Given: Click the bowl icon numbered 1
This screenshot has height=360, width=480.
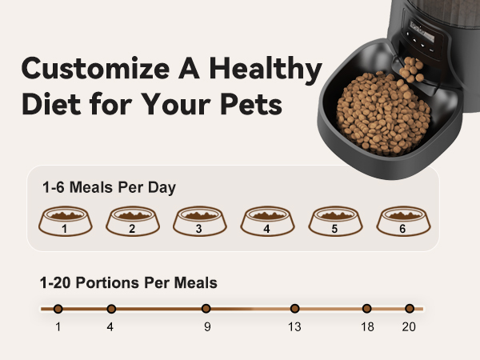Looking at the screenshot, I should (64, 222).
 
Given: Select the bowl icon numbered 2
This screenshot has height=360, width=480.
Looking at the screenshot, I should (132, 222).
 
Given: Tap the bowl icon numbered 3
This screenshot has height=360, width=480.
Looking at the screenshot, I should (199, 222).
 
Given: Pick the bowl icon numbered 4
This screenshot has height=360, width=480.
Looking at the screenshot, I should (267, 222).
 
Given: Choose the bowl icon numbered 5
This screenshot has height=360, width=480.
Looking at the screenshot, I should (334, 222).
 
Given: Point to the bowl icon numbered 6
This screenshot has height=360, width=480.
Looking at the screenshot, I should (402, 222).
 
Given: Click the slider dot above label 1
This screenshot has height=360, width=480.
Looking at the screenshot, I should (58, 309).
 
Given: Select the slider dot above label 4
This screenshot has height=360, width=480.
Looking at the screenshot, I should (111, 309).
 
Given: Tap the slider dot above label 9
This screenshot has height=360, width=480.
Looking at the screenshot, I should (206, 309).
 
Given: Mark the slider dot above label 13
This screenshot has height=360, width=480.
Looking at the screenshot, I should (294, 309).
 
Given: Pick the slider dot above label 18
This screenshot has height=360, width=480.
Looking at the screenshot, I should (366, 309).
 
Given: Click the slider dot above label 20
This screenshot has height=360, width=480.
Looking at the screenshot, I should (409, 309).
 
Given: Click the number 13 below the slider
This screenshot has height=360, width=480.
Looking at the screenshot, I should (294, 326).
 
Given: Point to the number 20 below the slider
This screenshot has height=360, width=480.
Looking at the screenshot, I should (409, 326).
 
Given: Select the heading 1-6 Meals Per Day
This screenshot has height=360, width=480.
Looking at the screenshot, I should (109, 188).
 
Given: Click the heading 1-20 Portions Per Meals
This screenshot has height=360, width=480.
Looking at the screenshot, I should (129, 282).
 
